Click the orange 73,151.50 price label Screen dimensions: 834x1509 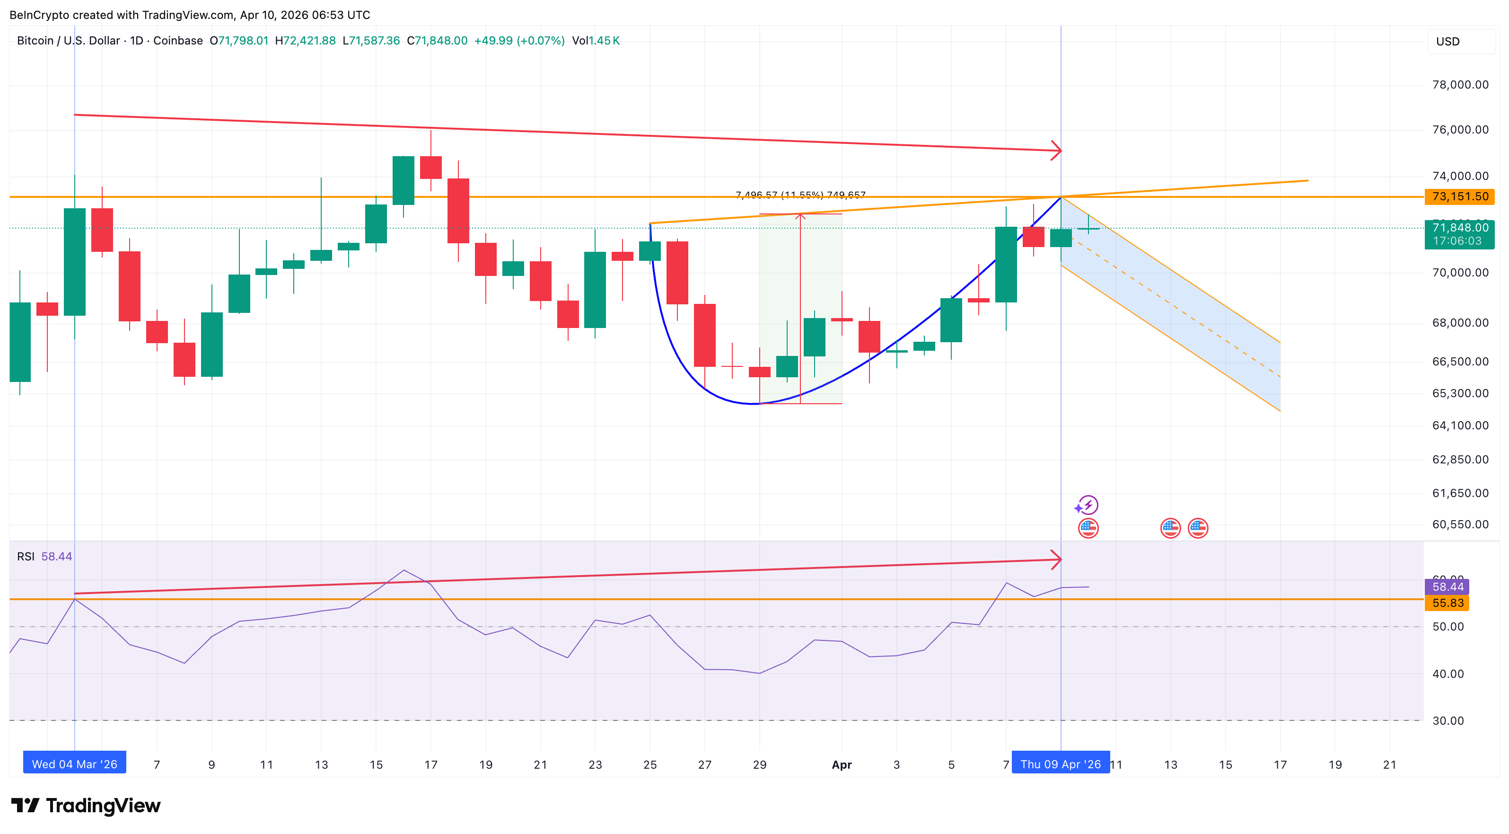pyautogui.click(x=1459, y=196)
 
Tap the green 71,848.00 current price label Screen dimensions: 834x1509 pyautogui.click(x=1459, y=233)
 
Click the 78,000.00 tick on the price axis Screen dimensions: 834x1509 pyautogui.click(x=1460, y=84)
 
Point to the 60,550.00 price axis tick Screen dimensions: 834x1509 pyautogui.click(x=1460, y=524)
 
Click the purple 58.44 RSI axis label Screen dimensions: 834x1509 pyautogui.click(x=1448, y=586)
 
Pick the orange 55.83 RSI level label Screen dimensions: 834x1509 pyautogui.click(x=1448, y=603)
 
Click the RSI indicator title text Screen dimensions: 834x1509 pyautogui.click(x=26, y=556)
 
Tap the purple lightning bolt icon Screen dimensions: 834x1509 pyautogui.click(x=1088, y=505)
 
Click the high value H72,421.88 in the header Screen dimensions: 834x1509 pyautogui.click(x=305, y=40)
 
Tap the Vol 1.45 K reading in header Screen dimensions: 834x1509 pyautogui.click(x=596, y=40)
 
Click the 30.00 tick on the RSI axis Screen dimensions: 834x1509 pyautogui.click(x=1448, y=720)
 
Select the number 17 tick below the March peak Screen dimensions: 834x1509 pyautogui.click(x=430, y=764)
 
